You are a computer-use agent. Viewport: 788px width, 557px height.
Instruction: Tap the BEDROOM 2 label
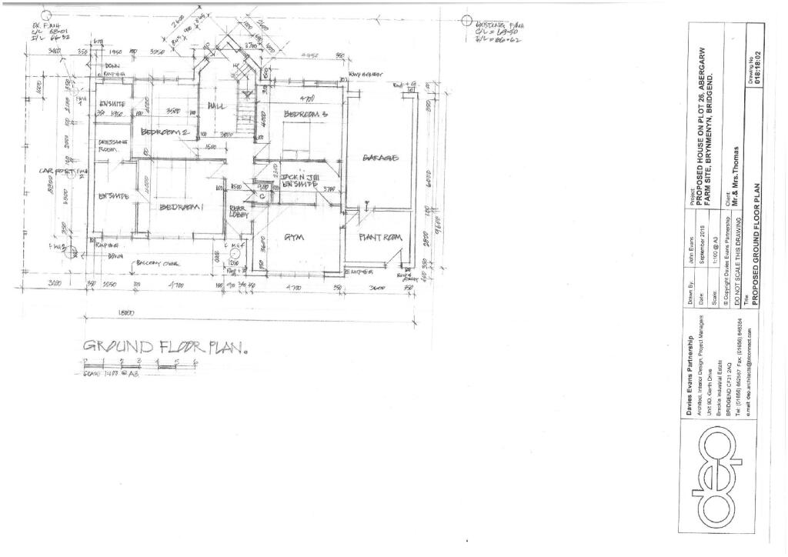(165, 132)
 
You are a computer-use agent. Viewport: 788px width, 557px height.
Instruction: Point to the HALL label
(216, 105)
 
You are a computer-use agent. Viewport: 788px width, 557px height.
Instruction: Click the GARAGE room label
(380, 158)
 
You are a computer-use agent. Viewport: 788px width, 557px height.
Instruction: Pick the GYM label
(295, 238)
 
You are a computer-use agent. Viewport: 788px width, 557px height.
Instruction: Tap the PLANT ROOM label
(380, 238)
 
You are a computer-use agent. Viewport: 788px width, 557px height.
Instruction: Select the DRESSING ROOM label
(112, 146)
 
